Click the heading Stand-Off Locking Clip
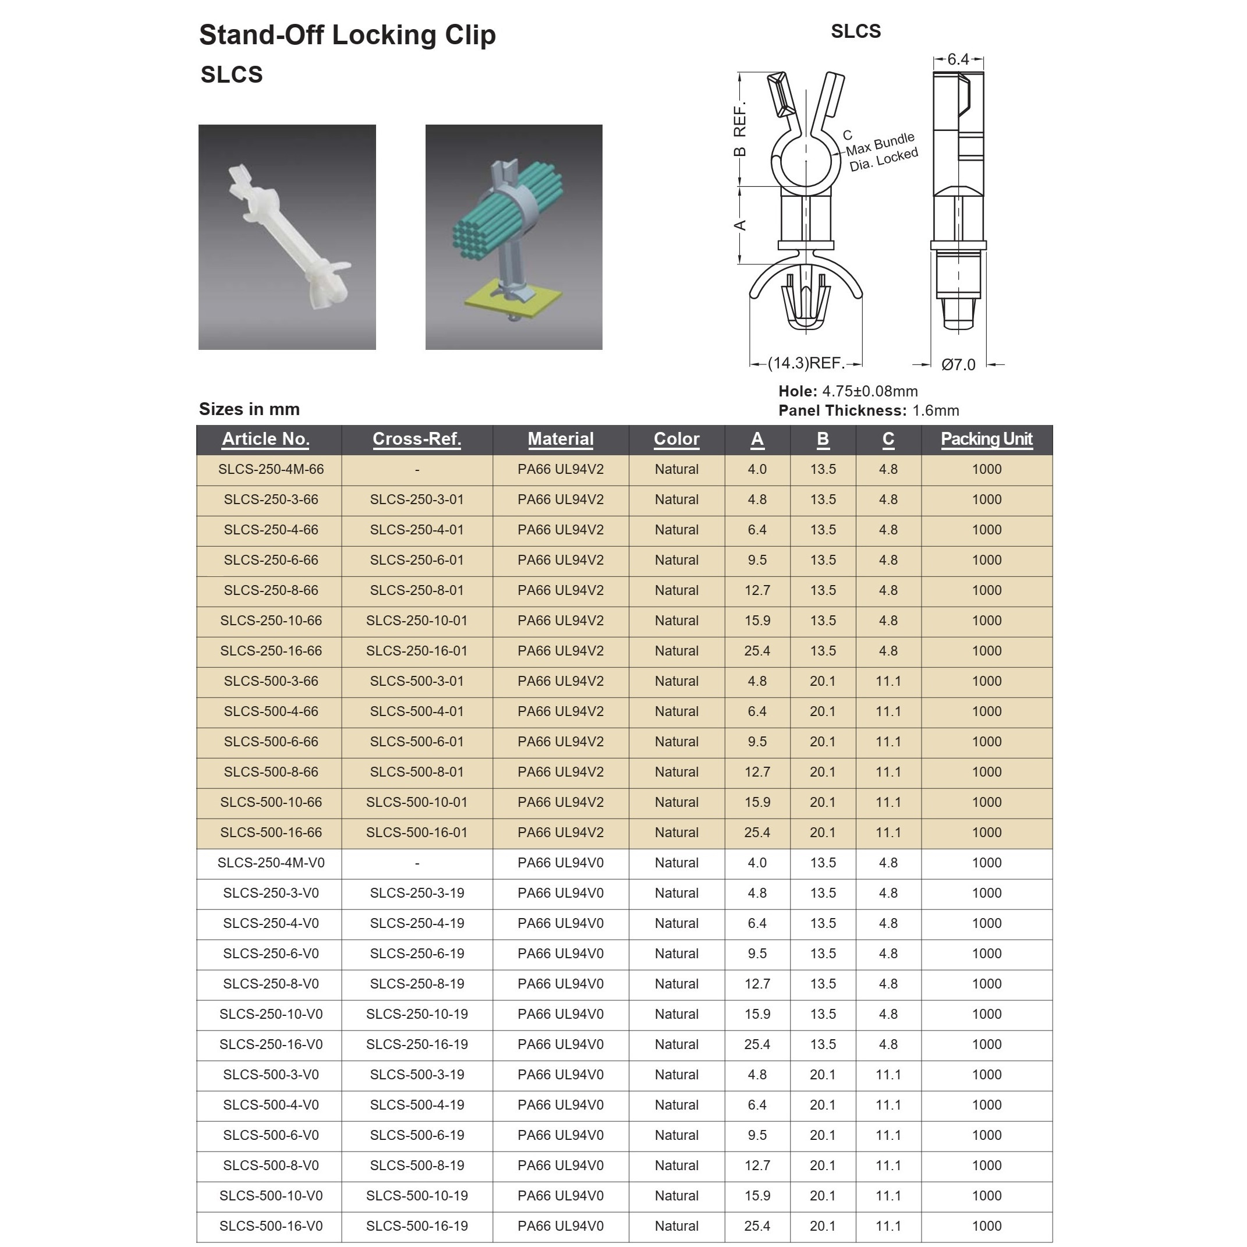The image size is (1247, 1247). click(x=347, y=35)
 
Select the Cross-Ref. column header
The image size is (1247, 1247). click(x=417, y=439)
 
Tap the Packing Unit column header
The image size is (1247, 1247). click(x=986, y=439)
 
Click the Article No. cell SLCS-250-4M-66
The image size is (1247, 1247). click(x=271, y=469)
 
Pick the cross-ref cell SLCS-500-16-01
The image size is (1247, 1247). click(x=417, y=832)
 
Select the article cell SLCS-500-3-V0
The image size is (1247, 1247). click(x=271, y=1075)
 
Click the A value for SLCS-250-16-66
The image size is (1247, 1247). click(x=757, y=651)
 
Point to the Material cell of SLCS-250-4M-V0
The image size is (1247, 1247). click(x=560, y=863)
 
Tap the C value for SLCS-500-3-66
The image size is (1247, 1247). click(x=888, y=681)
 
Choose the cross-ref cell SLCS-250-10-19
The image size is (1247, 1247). click(x=417, y=1014)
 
